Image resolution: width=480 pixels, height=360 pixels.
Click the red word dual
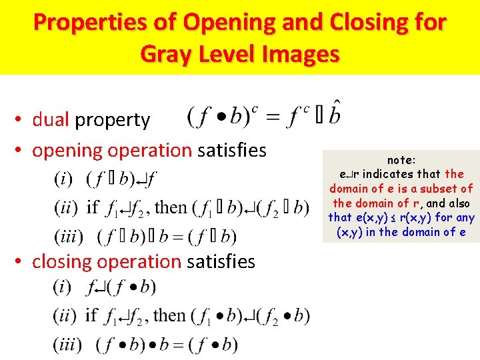tap(51, 120)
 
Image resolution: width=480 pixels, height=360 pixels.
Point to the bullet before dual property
tap(21, 120)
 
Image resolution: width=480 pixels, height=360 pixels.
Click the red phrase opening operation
tap(112, 151)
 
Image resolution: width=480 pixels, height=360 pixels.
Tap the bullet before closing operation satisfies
tap(21, 262)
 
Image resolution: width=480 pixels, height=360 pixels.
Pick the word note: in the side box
tap(401, 160)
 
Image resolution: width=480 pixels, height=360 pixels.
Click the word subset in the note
tap(439, 189)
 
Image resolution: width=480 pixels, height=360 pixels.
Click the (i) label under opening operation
tap(64, 179)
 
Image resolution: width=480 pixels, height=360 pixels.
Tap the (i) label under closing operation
tap(64, 287)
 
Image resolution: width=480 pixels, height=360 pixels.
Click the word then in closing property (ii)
tap(169, 315)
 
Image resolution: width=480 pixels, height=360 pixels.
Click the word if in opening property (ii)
tap(93, 207)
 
